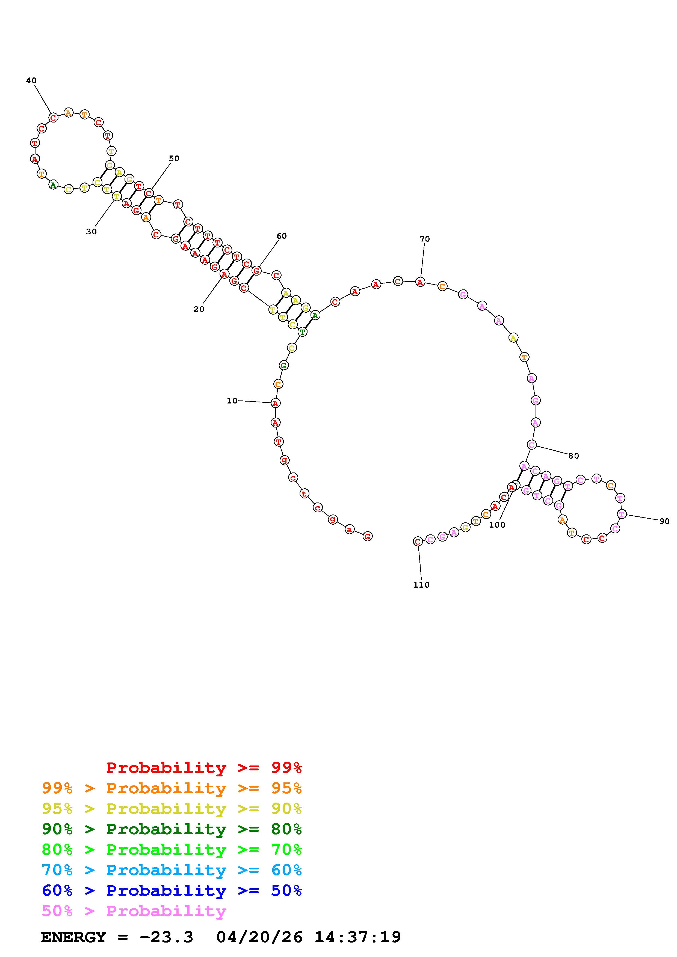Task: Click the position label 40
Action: pos(31,80)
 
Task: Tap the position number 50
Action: pos(174,158)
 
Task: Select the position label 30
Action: pos(91,232)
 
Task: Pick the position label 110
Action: pos(421,585)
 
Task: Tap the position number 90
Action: pos(664,521)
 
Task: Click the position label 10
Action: pos(232,400)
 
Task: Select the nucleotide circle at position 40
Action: pos(53,118)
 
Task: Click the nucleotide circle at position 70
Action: pos(420,282)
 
